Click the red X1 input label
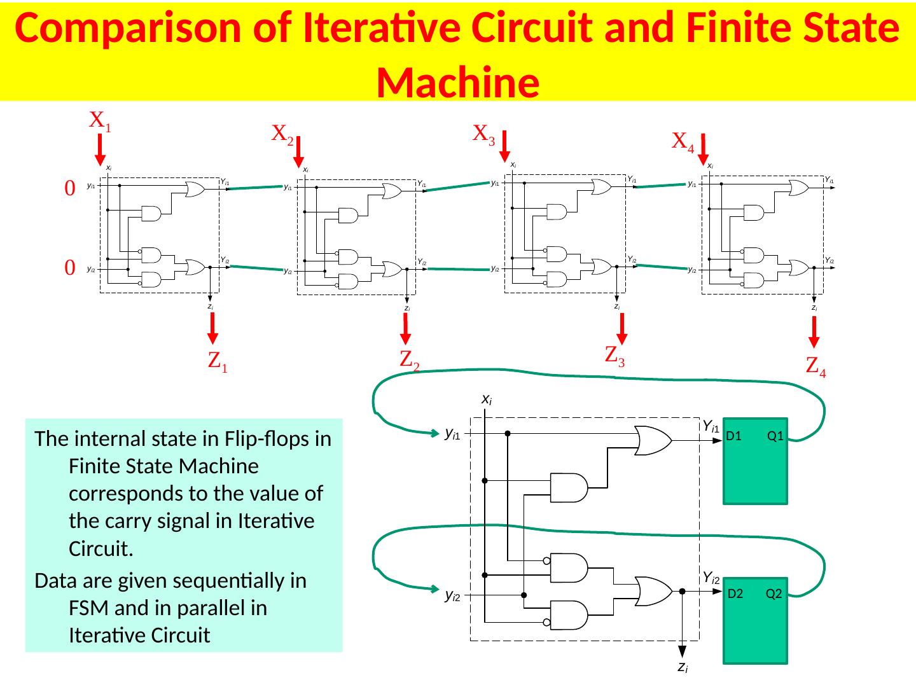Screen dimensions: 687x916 click(100, 120)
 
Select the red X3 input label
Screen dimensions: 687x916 click(484, 134)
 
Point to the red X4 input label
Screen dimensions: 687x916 click(683, 141)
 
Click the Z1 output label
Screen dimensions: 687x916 click(218, 361)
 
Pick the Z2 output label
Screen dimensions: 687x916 click(409, 360)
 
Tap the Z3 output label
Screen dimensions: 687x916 click(614, 355)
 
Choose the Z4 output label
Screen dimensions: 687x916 click(815, 366)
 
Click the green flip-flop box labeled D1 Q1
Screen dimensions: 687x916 click(755, 461)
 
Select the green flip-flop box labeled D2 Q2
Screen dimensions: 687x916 click(755, 620)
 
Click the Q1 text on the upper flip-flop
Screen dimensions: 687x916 click(775, 436)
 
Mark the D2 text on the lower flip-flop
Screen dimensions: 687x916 click(735, 594)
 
